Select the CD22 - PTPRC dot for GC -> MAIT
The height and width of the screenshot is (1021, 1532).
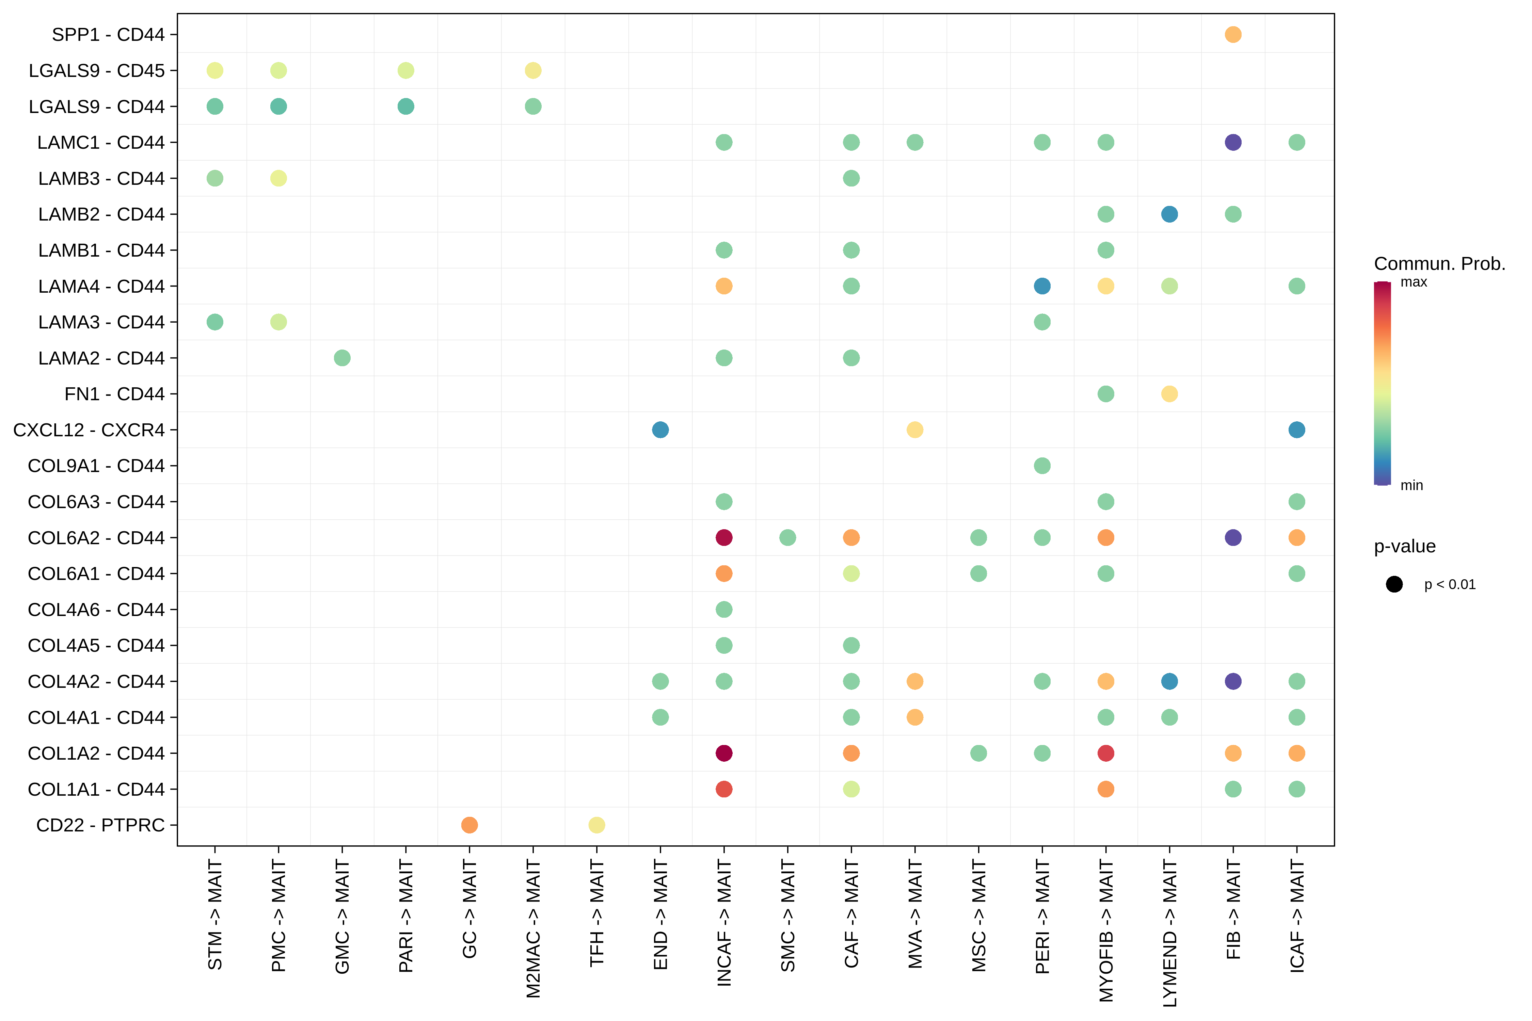point(469,825)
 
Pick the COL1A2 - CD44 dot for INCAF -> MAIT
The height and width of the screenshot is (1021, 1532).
point(724,753)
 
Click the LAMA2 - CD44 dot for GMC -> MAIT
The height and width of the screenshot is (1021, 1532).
point(342,358)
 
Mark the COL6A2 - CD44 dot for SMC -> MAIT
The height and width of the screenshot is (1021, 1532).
point(787,538)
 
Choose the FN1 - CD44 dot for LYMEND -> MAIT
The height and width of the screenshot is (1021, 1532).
point(1169,394)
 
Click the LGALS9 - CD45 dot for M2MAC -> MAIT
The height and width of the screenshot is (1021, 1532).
point(533,70)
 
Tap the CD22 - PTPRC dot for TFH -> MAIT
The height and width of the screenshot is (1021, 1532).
point(597,825)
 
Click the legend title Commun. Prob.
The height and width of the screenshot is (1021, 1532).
point(1439,264)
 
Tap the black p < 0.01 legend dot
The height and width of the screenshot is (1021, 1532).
point(1394,584)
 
